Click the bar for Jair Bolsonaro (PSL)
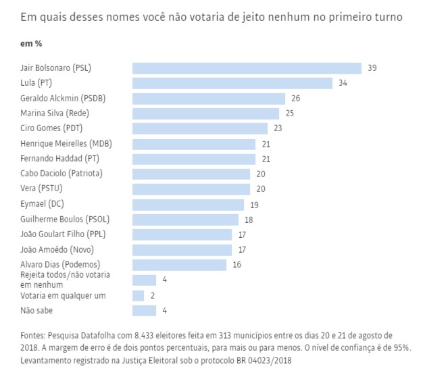[247, 68]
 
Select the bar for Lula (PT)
[232, 83]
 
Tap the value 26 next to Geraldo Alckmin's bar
[295, 99]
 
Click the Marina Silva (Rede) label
[55, 114]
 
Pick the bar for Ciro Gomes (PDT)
[200, 128]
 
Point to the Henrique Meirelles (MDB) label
[64, 144]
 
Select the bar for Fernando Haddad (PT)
[194, 159]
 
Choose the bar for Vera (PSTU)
[191, 189]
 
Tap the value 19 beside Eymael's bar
[255, 204]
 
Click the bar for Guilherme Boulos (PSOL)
[185, 220]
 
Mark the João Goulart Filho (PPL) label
[64, 234]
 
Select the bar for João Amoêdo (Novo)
[182, 250]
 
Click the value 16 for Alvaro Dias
[237, 265]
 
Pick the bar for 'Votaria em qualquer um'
[138, 295]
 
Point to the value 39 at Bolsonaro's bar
[372, 68]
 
